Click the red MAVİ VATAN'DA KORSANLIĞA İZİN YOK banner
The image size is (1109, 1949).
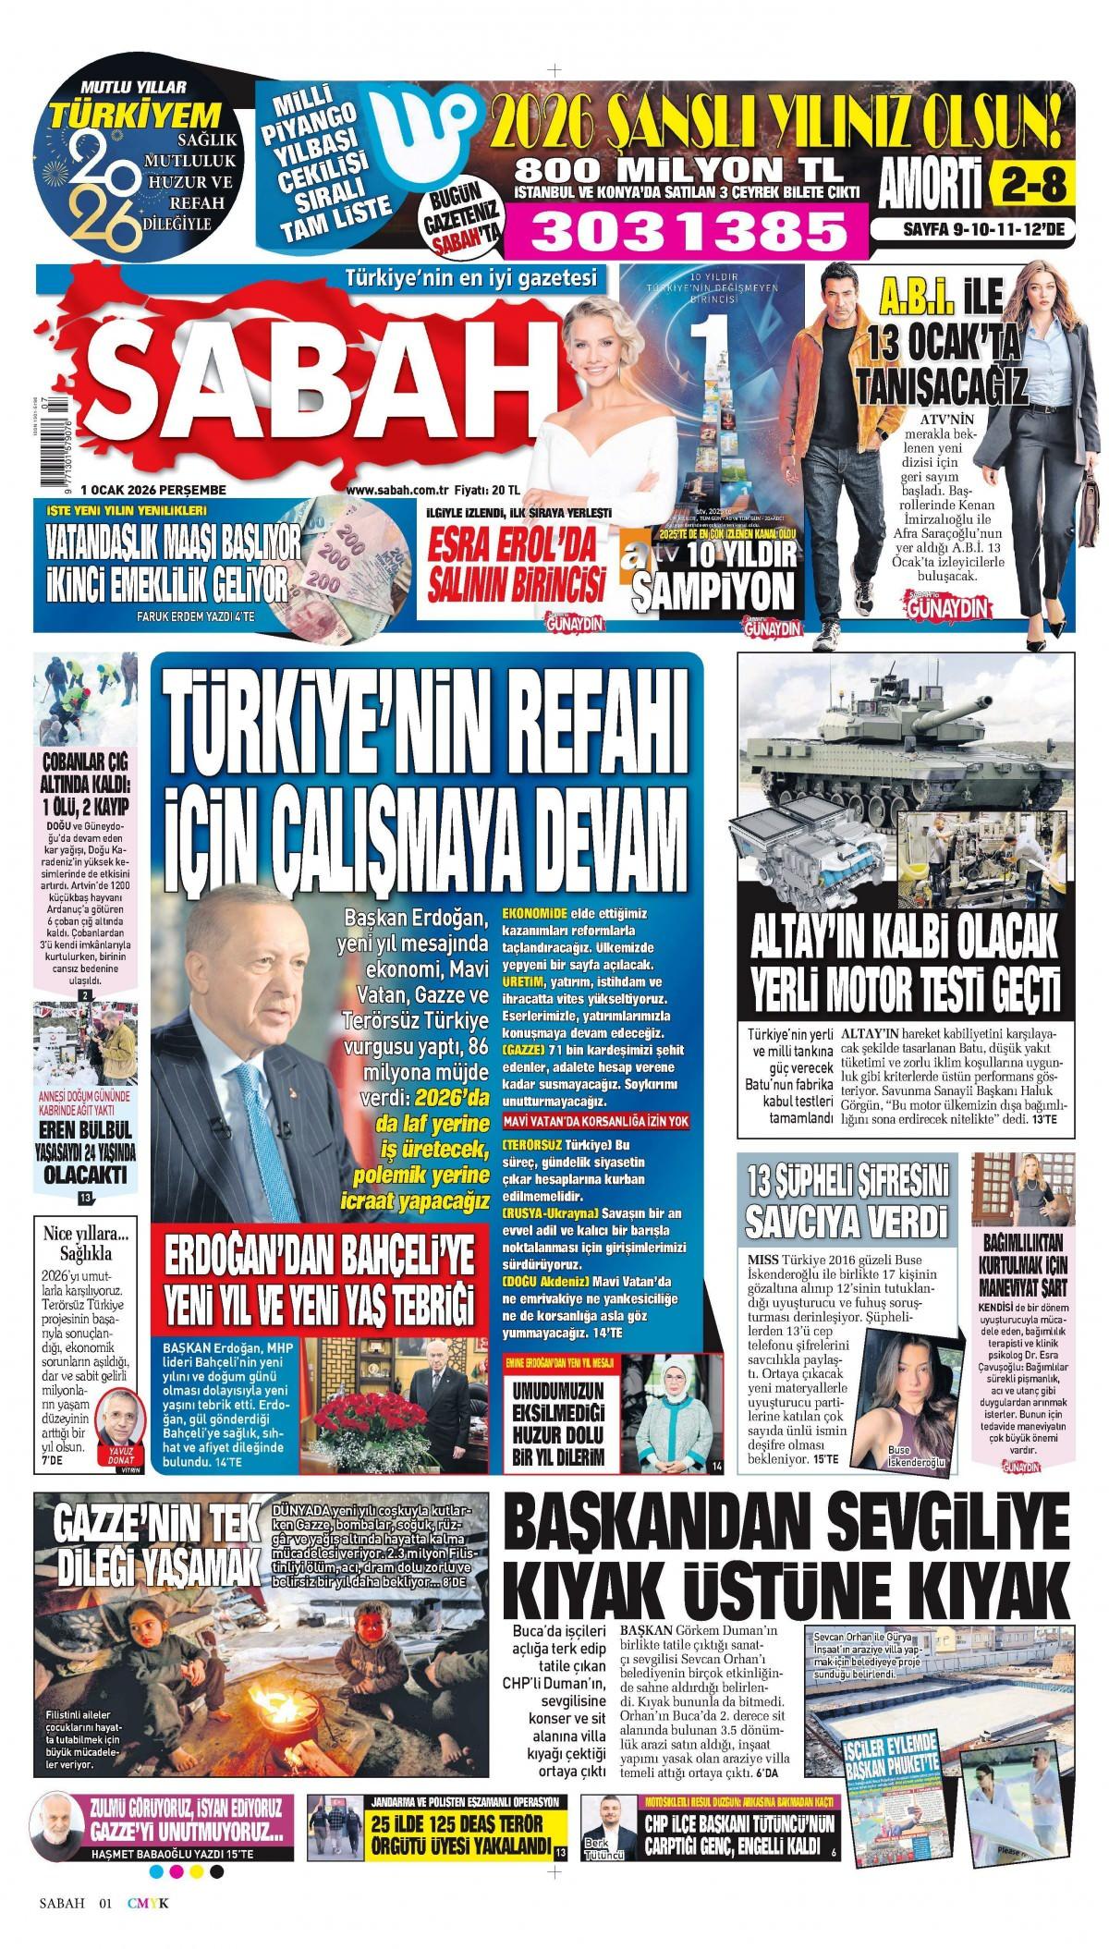pos(610,1120)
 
